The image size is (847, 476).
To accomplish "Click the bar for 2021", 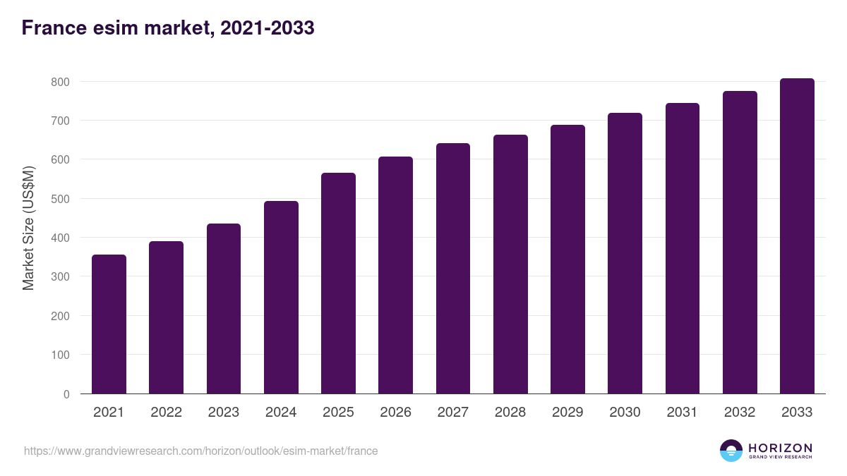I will pos(109,324).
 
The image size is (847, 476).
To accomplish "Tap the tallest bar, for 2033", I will pos(797,236).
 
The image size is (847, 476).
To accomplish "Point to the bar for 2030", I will pos(625,253).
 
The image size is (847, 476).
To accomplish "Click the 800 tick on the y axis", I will pos(60,82).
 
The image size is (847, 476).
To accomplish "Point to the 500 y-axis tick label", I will pos(60,199).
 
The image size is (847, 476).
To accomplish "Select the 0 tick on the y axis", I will pos(66,394).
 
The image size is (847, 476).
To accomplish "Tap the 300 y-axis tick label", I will pos(60,277).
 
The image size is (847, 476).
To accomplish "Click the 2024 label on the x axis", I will pos(281,413).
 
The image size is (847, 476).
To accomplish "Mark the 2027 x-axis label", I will pos(452,413).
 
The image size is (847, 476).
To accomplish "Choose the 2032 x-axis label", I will pos(740,413).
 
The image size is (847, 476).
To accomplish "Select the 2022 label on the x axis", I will pos(166,413).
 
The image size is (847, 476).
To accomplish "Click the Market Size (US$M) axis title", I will pos(28,228).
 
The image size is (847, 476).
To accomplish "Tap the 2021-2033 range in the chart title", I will pos(267,28).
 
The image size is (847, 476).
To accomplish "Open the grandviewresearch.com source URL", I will pos(200,451).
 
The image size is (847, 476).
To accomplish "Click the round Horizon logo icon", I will pos(731,451).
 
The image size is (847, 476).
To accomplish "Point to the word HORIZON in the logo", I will pos(780,447).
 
